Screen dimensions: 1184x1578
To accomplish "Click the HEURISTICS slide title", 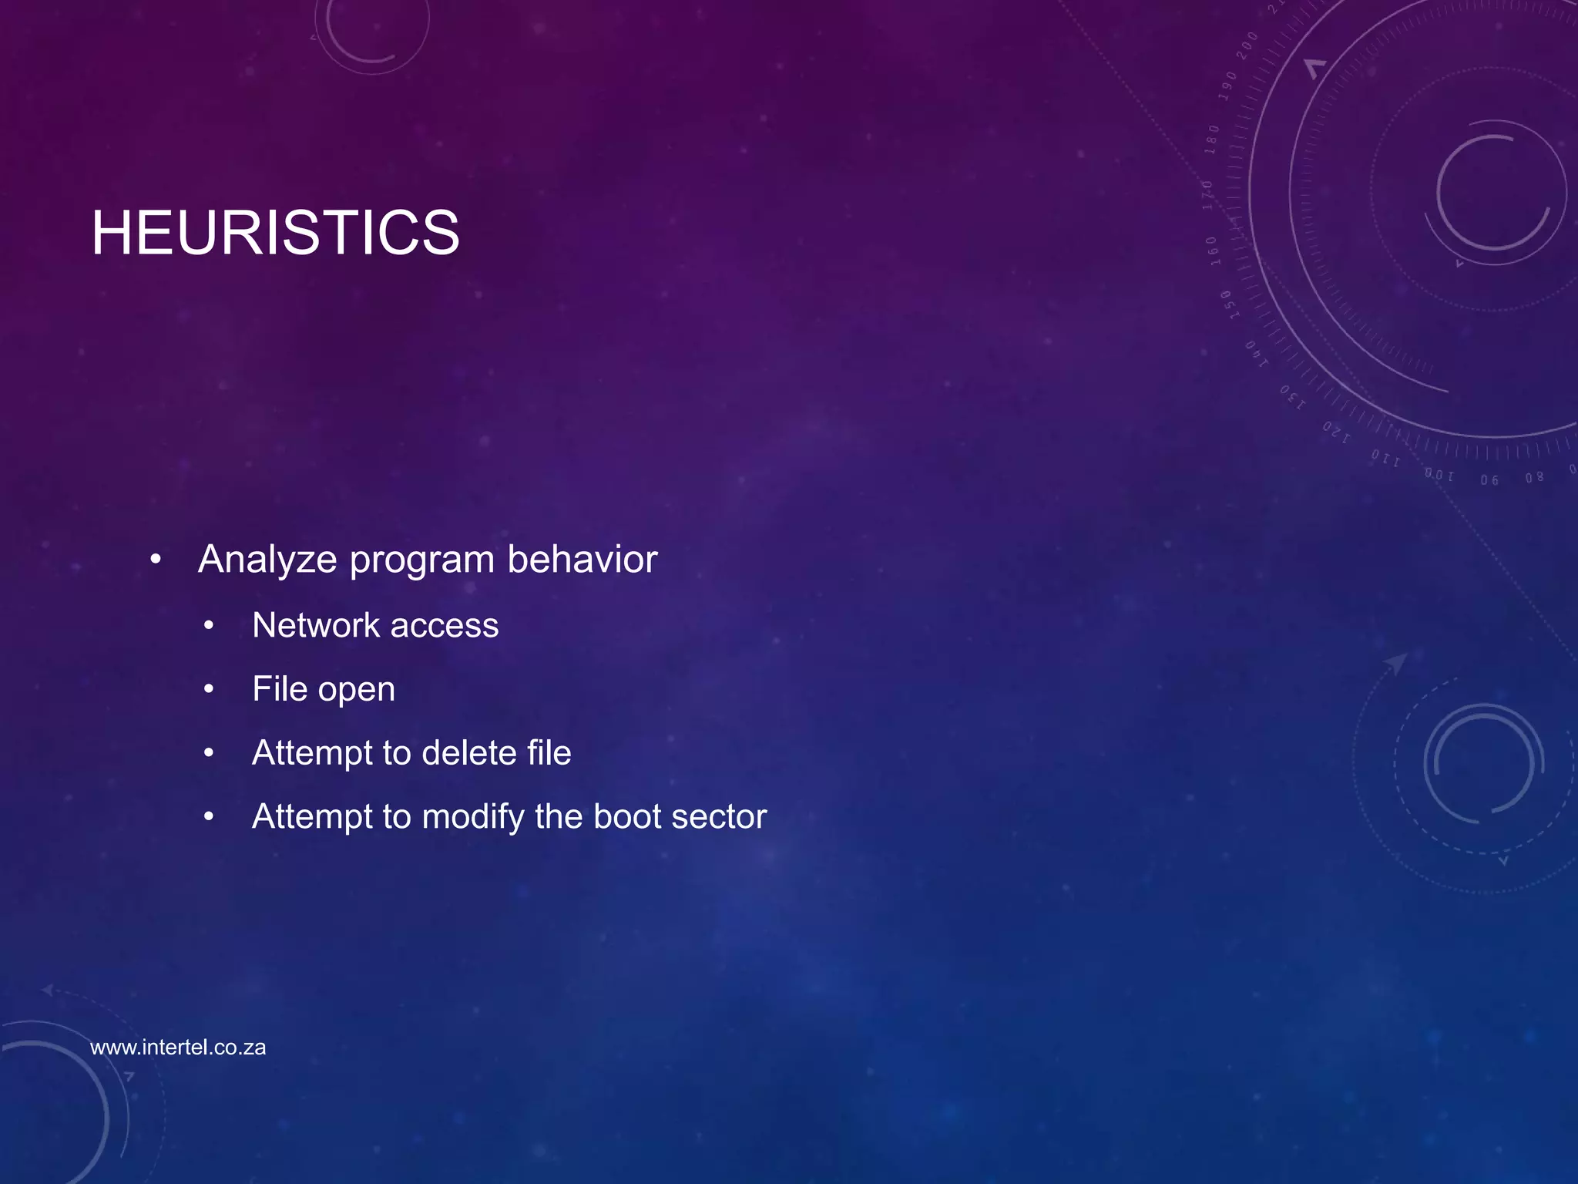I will tap(275, 233).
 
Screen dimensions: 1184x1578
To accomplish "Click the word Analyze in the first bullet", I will tap(267, 560).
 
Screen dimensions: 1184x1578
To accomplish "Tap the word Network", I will tap(315, 625).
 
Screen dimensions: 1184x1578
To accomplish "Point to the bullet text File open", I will tap(323, 689).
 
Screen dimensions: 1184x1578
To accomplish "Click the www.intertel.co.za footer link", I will tap(178, 1048).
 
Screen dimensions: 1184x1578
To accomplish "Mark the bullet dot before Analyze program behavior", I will tap(156, 560).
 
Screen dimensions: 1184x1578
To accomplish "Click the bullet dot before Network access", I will tap(209, 626).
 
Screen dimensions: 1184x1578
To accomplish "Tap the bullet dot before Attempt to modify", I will tap(209, 817).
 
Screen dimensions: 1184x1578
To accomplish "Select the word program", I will tap(421, 560).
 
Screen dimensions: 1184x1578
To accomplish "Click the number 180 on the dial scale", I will tap(1212, 139).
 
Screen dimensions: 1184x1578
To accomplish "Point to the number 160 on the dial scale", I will tap(1213, 251).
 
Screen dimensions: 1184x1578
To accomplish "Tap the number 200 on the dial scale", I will tap(1247, 45).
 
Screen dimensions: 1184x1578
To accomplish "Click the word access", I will tap(445, 625).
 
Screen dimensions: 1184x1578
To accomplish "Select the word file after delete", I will tap(549, 753).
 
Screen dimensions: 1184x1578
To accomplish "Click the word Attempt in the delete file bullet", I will tap(311, 753).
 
